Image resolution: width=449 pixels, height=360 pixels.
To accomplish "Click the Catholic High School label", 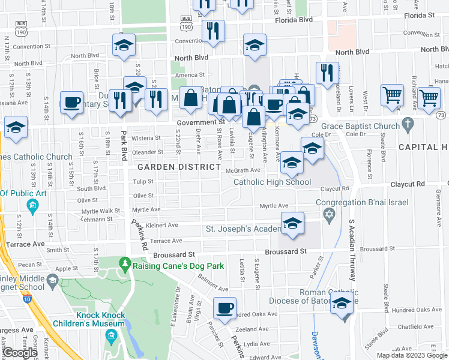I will click(x=272, y=182).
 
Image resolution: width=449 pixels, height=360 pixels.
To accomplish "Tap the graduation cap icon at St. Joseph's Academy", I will click(x=292, y=223).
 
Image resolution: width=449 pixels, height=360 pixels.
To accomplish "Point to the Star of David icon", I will click(x=328, y=214).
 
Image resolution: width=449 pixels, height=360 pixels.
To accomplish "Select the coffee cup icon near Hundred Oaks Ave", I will click(x=225, y=308).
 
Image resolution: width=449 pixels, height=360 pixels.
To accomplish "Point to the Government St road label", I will click(x=200, y=122).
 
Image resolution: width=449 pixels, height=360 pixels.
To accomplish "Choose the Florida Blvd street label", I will click(x=294, y=20).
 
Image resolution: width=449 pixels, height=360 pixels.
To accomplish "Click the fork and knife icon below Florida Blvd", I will click(x=212, y=31).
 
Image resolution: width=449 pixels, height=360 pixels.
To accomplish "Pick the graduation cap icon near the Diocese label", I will click(x=342, y=304).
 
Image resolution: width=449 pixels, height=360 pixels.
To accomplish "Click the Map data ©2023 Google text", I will click(x=412, y=355).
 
